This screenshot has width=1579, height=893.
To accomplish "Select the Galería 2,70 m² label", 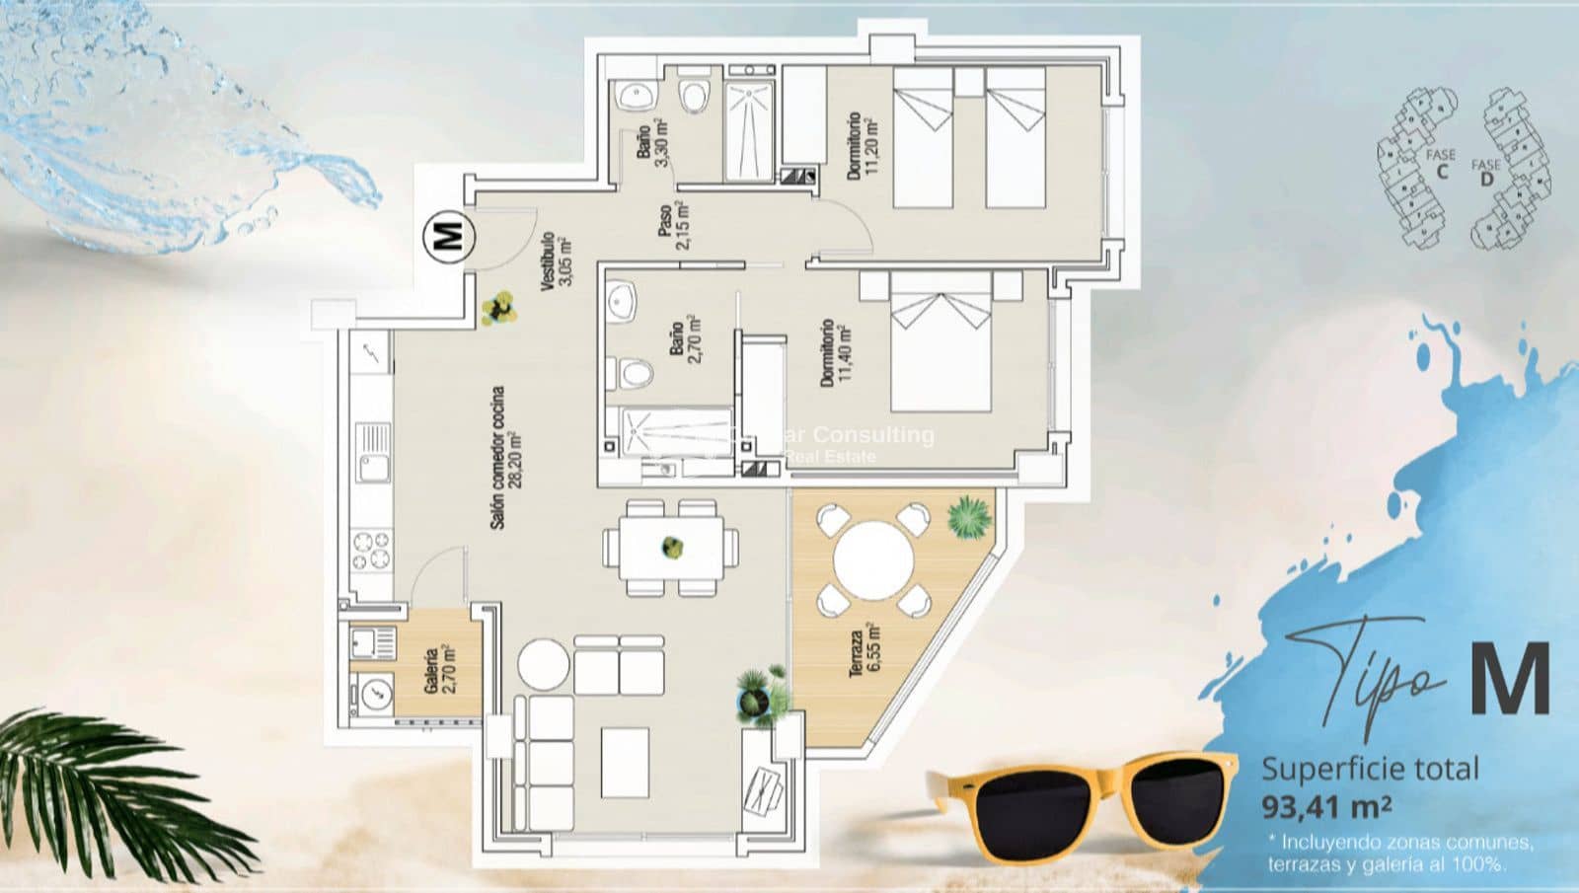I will (x=439, y=670).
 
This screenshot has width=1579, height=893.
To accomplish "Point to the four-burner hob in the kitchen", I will (x=372, y=551).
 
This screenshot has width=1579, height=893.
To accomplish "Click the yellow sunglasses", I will (x=1081, y=799).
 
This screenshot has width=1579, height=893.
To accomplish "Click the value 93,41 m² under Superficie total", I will (x=1326, y=807).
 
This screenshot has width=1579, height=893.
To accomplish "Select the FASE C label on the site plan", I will (x=1441, y=163).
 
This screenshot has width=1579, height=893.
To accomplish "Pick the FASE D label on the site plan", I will (x=1486, y=172).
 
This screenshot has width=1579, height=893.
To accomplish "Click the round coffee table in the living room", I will (x=544, y=665).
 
